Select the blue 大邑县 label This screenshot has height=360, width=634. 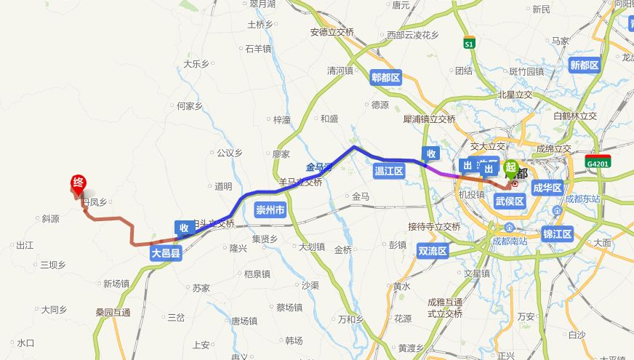tap(166, 254)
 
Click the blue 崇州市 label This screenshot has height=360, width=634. tap(270, 210)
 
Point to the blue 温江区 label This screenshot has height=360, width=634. tap(388, 171)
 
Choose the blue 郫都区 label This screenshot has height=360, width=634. tap(385, 78)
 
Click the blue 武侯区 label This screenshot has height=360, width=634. tap(509, 201)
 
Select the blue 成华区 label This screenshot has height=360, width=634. tap(548, 188)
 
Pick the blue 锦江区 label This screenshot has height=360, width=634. tap(558, 233)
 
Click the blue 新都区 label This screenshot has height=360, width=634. tap(584, 65)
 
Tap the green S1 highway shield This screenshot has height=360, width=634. tap(469, 44)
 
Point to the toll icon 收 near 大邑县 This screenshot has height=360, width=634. tap(184, 228)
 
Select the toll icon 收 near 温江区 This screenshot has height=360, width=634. tap(431, 153)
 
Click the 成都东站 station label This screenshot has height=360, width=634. tap(583, 199)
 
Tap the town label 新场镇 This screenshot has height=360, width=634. tap(116, 284)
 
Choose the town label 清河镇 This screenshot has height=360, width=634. tap(340, 71)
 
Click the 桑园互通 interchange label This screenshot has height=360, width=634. tap(113, 313)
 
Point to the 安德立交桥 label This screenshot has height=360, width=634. tap(332, 32)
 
